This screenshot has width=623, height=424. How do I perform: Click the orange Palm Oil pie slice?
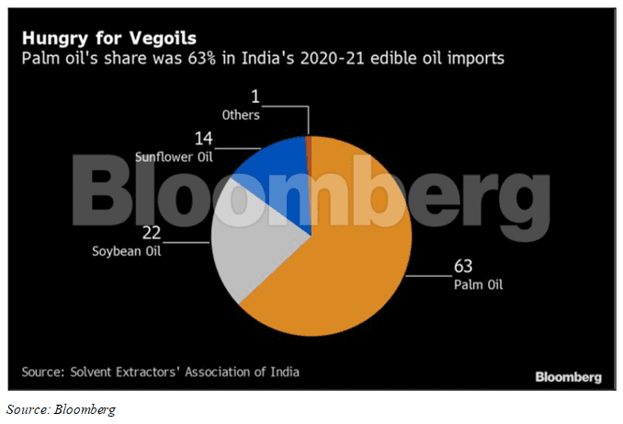coord(340,258)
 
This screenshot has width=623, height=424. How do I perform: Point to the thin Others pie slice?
coord(309,147)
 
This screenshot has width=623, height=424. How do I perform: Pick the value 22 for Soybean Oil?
coord(153,234)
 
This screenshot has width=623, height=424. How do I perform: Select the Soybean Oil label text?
coord(128,251)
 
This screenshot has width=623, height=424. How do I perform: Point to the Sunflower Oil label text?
coord(175,157)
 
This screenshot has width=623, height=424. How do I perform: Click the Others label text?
coord(242,115)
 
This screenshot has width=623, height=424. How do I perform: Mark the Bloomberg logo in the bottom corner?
coord(569,376)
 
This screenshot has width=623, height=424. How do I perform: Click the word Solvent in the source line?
coord(95,372)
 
